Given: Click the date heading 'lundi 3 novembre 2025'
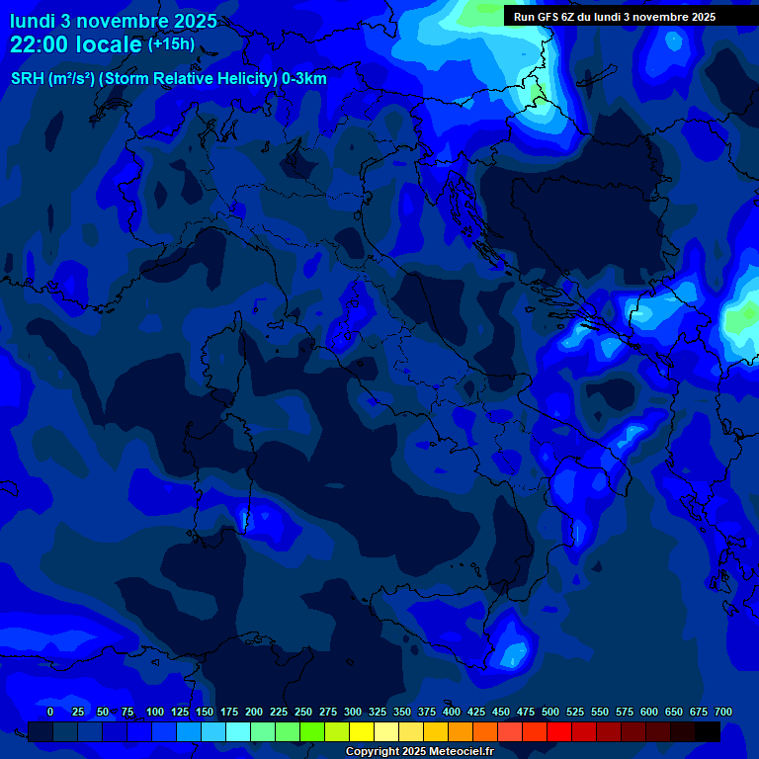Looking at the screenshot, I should pyautogui.click(x=114, y=21).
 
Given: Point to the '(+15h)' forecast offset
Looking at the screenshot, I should pyautogui.click(x=171, y=43).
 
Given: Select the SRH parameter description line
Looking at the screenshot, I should pyautogui.click(x=169, y=78).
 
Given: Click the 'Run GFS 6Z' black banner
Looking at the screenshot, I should pyautogui.click(x=615, y=16).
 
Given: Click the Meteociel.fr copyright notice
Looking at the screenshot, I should pyautogui.click(x=419, y=751).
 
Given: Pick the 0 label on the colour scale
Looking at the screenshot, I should pyautogui.click(x=50, y=712).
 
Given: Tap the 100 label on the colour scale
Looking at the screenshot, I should pyautogui.click(x=155, y=712).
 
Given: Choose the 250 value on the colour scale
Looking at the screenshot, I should pyautogui.click(x=303, y=712).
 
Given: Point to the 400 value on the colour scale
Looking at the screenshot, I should pyautogui.click(x=452, y=712).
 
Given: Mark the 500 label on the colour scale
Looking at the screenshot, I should pyautogui.click(x=550, y=712).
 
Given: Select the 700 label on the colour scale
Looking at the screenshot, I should pyautogui.click(x=723, y=712).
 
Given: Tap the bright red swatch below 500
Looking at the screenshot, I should pyautogui.click(x=559, y=731).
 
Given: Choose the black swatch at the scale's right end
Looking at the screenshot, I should pyautogui.click(x=708, y=731).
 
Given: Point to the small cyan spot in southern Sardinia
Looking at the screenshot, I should pyautogui.click(x=245, y=517).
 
